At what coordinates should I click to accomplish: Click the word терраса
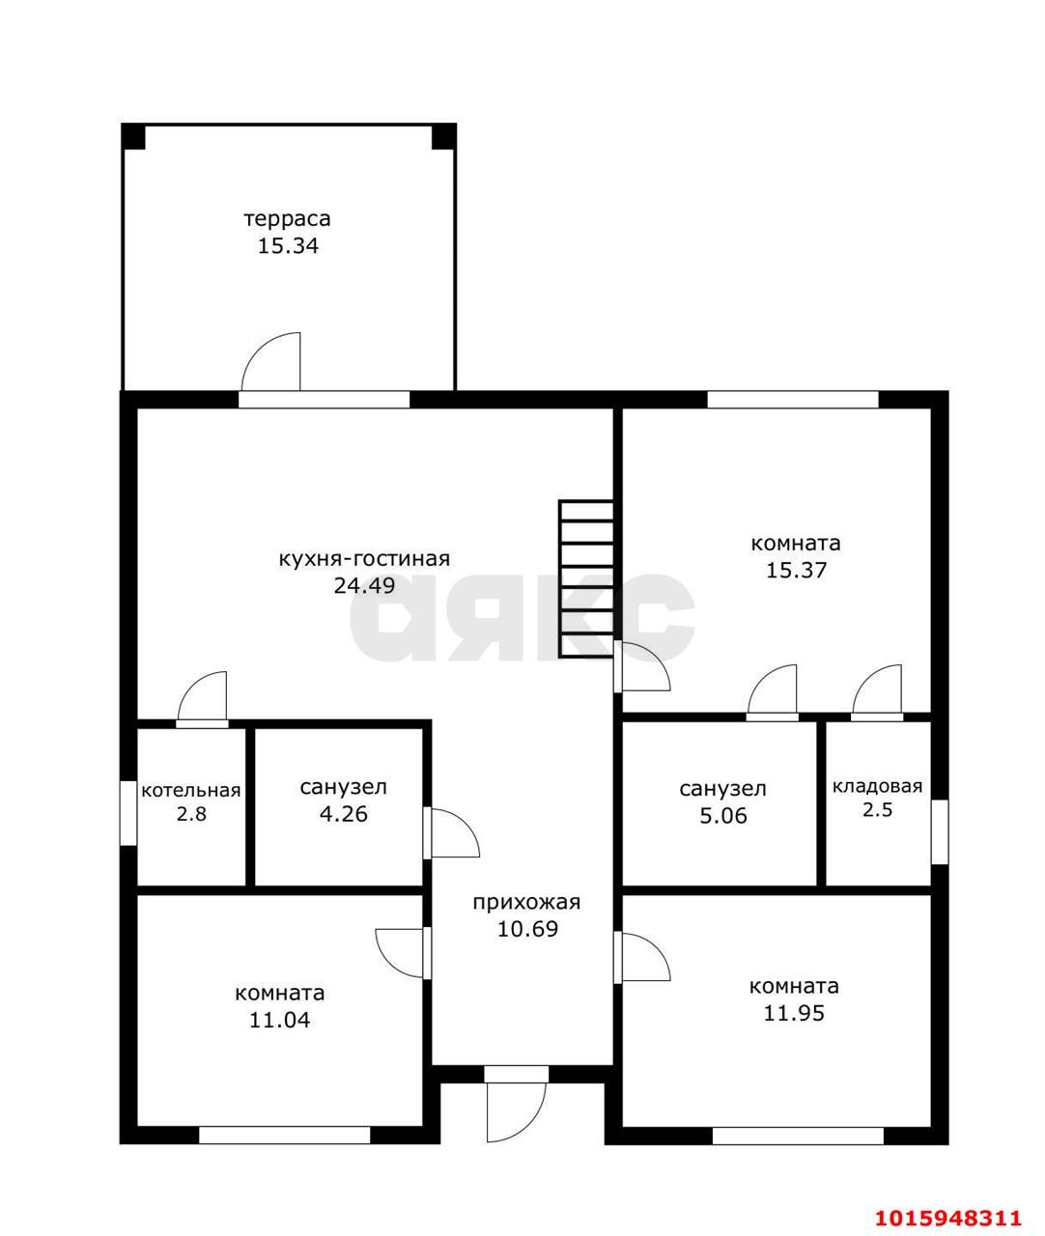point(287,219)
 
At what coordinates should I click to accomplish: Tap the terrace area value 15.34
point(288,246)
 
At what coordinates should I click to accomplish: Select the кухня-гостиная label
point(364,559)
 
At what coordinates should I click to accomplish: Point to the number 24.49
point(364,585)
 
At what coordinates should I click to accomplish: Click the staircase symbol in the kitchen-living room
point(585,578)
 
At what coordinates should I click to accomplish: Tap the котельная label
point(191,791)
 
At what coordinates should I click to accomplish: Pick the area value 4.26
point(344,814)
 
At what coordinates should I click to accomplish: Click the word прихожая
point(526,902)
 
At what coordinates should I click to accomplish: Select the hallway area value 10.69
point(527,929)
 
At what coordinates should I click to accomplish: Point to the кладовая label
point(877,786)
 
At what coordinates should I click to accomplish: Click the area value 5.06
point(723,816)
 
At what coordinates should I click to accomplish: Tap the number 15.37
point(796,570)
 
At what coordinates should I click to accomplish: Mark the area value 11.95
point(794,1013)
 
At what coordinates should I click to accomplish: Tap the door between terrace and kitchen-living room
point(270,362)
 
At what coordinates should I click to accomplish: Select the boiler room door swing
point(202,696)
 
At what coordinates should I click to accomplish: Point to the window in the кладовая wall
point(939,831)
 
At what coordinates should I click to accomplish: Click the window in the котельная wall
point(128,813)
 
